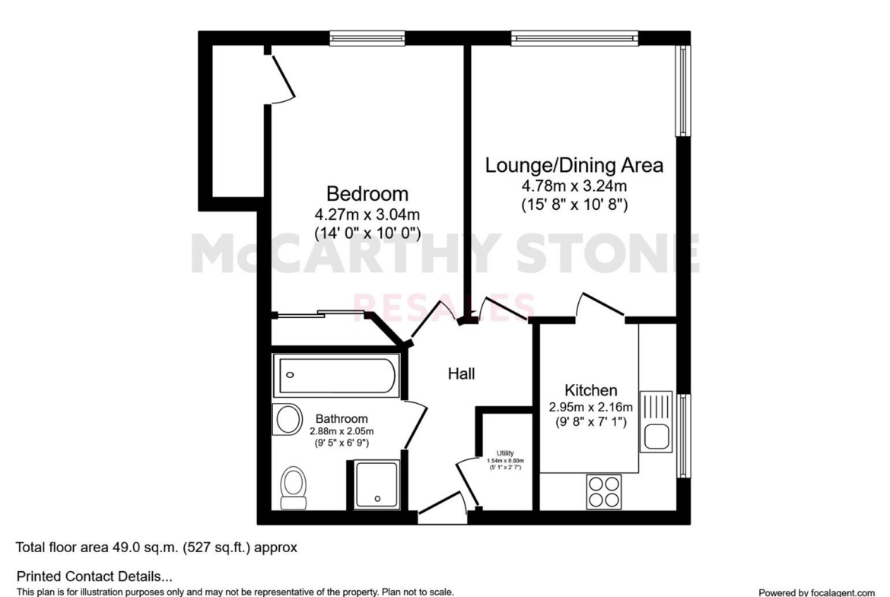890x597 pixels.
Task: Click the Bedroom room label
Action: [367, 193]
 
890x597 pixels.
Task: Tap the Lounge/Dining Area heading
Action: [574, 165]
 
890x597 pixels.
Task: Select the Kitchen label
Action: [591, 390]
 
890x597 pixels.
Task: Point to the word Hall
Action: [462, 373]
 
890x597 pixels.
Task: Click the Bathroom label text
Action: [342, 419]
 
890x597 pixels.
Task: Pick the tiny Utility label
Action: [505, 453]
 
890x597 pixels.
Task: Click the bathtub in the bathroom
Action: [335, 375]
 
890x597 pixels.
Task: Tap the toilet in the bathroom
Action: [294, 487]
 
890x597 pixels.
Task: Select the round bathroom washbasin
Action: [288, 419]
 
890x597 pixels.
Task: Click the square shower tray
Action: [377, 484]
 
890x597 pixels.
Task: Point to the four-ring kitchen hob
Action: [604, 491]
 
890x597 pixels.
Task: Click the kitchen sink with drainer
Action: [656, 421]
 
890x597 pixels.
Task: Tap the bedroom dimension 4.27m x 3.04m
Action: [367, 214]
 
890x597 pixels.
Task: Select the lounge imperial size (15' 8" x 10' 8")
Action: [574, 205]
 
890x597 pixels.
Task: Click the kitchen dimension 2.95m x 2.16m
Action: [591, 407]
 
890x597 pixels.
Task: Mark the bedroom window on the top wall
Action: [368, 38]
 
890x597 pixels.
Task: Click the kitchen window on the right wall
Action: [683, 436]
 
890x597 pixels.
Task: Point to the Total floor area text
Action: [156, 548]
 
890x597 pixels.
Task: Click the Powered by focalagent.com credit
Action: [817, 592]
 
